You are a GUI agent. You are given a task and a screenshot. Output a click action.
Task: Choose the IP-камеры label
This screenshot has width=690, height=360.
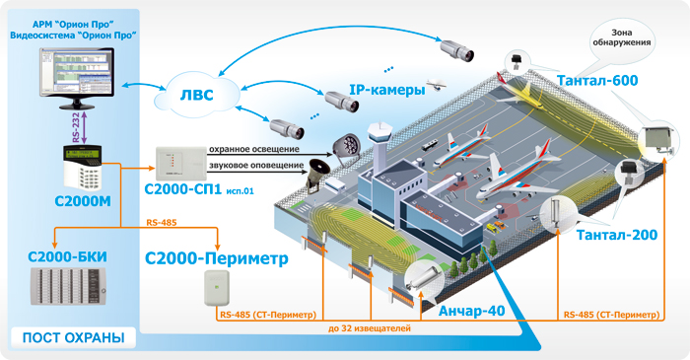point(387,90)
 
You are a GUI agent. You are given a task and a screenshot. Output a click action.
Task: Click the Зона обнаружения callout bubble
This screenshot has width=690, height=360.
point(618,38)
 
